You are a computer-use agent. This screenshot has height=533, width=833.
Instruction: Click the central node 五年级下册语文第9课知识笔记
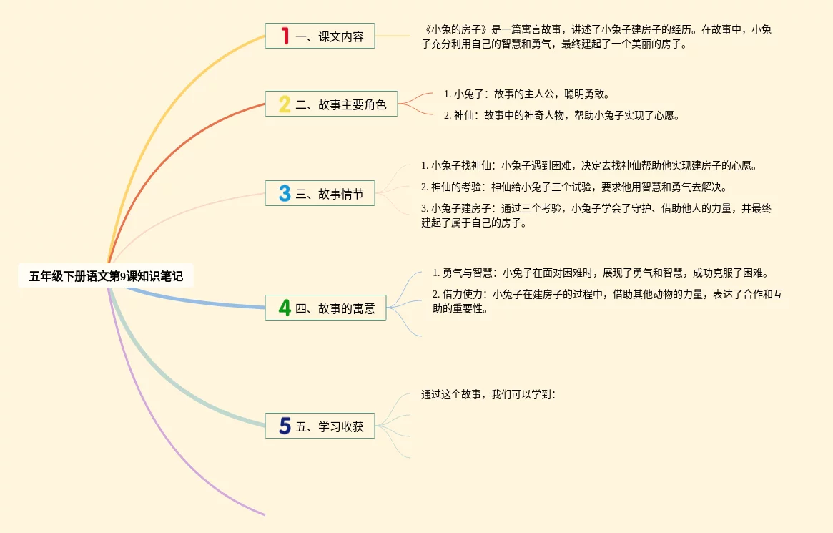coord(106,276)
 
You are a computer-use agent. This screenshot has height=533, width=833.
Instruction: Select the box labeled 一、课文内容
coord(320,36)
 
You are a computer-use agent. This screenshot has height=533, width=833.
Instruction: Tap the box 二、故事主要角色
coord(331,104)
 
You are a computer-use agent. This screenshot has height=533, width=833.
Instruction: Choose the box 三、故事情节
coord(320,193)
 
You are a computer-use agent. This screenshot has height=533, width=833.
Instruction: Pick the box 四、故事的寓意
coord(325,308)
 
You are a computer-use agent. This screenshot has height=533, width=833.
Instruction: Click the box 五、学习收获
coord(320,426)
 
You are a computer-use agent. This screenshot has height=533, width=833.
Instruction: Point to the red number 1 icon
coord(285,36)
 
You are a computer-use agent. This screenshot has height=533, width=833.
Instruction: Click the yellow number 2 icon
coord(285,104)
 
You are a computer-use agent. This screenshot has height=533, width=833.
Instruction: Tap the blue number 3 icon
coord(285,193)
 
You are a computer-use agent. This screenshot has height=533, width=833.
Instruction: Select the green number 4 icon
coord(285,308)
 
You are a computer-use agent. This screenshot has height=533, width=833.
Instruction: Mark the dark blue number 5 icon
coord(285,426)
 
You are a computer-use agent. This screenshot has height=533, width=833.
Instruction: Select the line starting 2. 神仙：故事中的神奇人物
coord(561,115)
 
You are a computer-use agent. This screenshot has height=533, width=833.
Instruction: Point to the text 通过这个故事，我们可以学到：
coord(488,395)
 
